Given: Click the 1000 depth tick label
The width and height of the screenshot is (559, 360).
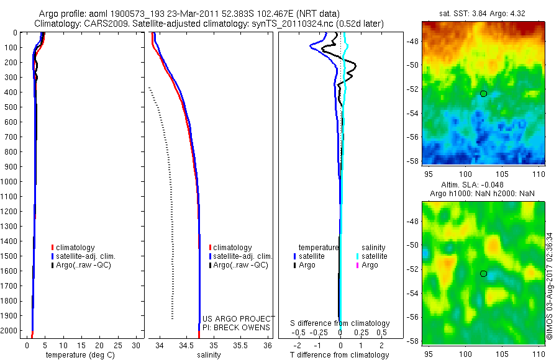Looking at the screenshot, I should [10, 181].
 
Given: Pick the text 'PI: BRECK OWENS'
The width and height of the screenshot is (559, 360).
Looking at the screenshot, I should [237, 327].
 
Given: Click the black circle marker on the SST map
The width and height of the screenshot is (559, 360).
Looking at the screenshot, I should [484, 93].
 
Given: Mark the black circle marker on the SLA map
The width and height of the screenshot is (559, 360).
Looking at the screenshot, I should [484, 274].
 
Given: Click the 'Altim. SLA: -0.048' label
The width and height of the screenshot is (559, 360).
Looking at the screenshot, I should [472, 185].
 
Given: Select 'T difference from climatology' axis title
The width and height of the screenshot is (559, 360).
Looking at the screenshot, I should [340, 355].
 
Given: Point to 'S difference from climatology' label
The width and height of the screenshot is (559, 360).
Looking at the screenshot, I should [340, 323].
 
